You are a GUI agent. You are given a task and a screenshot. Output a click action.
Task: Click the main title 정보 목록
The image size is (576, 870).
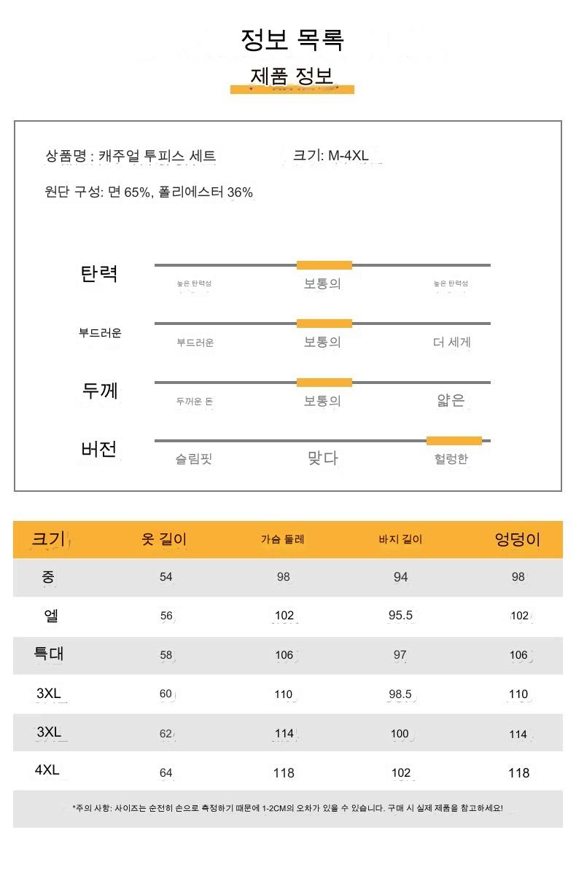292,39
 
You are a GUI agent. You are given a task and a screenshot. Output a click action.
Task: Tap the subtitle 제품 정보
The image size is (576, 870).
292,77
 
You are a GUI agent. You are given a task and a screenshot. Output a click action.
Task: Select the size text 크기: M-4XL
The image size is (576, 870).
331,155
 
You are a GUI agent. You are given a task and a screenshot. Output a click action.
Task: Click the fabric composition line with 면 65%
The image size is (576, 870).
149,192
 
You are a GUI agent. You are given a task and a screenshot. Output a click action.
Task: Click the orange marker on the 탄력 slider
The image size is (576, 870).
324,265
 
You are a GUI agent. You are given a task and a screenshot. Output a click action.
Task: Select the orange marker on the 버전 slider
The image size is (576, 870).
454,441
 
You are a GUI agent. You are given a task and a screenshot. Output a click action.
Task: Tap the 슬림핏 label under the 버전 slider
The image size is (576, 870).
193,459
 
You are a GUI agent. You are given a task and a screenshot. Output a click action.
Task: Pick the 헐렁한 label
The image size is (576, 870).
451,459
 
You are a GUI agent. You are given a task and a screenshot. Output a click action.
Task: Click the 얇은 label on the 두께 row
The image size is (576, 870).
451,400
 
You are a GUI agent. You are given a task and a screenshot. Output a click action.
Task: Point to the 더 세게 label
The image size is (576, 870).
451,342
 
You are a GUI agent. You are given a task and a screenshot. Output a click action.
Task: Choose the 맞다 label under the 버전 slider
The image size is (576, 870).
322,458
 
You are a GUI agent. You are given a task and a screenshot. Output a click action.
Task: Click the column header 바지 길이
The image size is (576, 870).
400,540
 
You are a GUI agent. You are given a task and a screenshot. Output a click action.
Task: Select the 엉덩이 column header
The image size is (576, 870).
518,540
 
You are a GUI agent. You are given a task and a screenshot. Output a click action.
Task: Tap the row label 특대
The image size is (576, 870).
49,654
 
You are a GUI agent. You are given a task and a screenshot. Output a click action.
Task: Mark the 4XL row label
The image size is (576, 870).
48,770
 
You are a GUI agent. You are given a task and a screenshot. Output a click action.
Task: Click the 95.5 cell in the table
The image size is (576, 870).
400,616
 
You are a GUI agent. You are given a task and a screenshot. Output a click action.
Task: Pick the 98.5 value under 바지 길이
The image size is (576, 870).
400,694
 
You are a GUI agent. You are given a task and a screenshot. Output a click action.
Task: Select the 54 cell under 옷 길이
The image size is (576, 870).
166,577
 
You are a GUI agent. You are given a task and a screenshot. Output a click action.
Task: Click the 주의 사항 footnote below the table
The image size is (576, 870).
287,809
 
